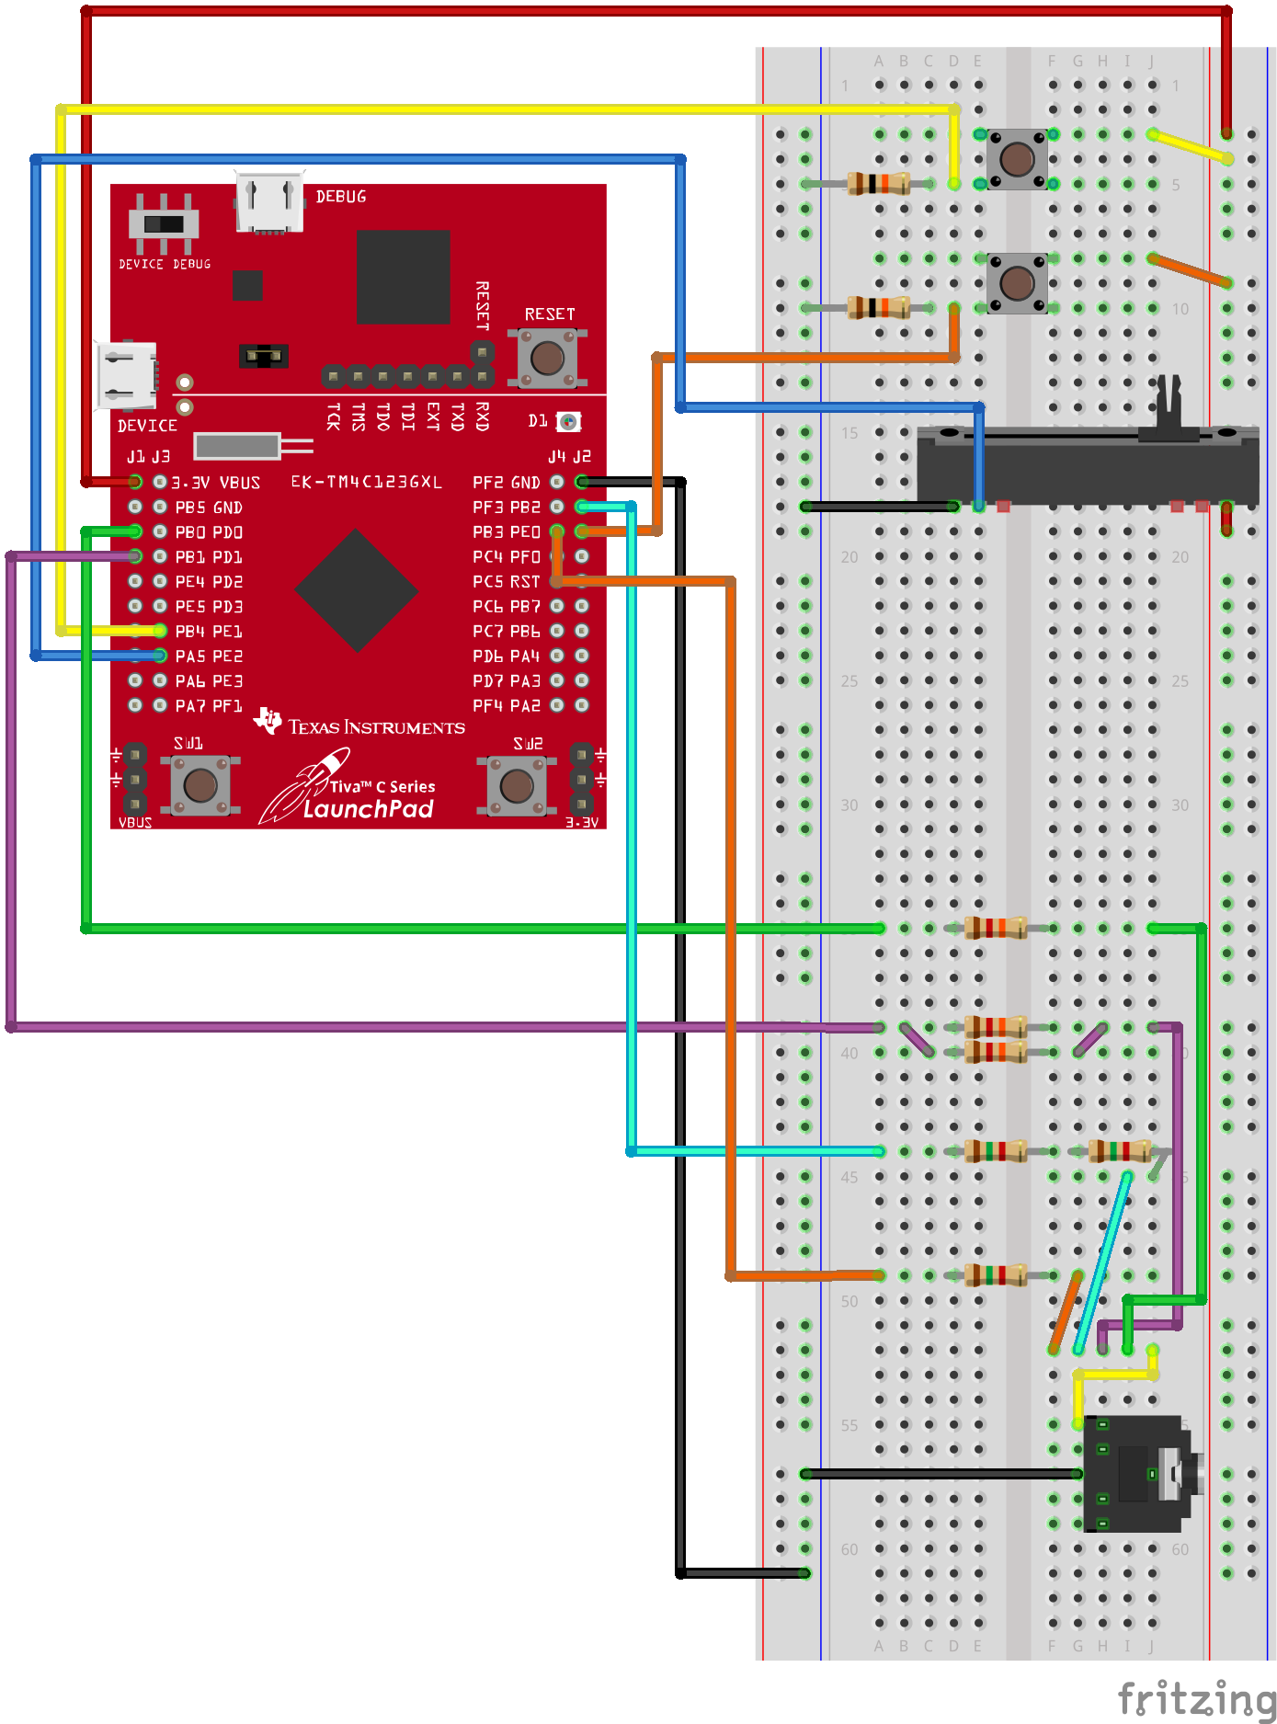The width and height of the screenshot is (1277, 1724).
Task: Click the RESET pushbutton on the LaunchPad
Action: (548, 358)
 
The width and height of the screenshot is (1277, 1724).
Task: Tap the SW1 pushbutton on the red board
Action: (200, 785)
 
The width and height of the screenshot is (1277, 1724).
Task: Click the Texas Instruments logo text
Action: (376, 727)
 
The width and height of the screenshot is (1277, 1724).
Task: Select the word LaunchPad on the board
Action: (368, 809)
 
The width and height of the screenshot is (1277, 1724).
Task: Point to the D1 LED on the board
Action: (569, 422)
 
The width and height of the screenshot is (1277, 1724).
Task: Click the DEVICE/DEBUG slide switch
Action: (164, 223)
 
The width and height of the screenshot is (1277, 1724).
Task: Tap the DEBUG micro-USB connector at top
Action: (269, 201)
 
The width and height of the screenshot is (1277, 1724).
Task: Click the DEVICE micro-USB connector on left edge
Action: (126, 375)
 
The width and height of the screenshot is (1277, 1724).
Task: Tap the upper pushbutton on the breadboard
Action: (1017, 159)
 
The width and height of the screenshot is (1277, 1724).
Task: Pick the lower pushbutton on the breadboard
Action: (1017, 283)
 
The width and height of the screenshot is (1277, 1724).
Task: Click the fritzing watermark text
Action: (1195, 1697)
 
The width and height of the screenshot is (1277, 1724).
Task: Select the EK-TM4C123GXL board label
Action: (366, 482)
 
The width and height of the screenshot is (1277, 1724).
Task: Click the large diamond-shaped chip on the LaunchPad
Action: (356, 591)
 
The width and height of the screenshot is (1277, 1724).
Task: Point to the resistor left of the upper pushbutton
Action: (878, 184)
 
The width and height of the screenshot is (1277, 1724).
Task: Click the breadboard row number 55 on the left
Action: (849, 1425)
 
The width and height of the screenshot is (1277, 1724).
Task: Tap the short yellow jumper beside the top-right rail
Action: (1191, 146)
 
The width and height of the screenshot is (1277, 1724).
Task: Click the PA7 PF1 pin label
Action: (209, 706)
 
